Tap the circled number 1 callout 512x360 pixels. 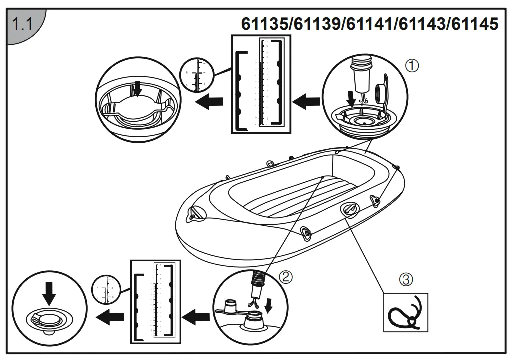(x=411, y=65)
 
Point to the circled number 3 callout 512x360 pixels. (x=406, y=279)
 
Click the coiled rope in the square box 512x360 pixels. (x=405, y=313)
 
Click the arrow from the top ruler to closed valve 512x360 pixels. (x=209, y=102)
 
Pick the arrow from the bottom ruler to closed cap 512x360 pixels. (x=110, y=316)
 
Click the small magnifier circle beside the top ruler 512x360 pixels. (x=195, y=76)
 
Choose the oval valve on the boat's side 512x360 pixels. (x=349, y=210)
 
